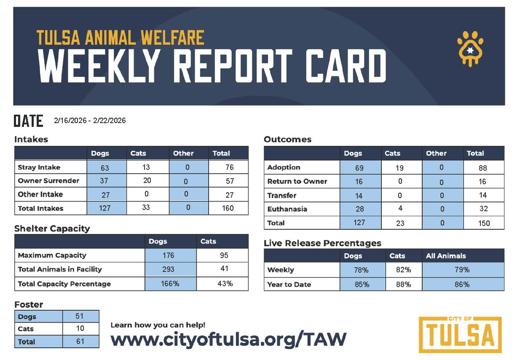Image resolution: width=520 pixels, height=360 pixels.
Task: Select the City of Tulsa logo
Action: pyautogui.click(x=460, y=334)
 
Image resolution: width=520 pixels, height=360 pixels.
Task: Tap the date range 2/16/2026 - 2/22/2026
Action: pyautogui.click(x=90, y=121)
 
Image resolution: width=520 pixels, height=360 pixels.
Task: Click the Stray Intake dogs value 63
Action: pyautogui.click(x=105, y=168)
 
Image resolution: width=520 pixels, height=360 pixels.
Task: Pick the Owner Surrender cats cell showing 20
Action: pyautogui.click(x=146, y=181)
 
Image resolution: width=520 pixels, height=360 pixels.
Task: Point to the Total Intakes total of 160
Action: pyautogui.click(x=228, y=208)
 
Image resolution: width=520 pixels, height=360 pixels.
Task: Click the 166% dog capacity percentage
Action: pyautogui.click(x=170, y=284)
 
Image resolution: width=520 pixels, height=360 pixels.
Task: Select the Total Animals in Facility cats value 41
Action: pyautogui.click(x=224, y=269)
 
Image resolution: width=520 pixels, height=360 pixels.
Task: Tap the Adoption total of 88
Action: pyautogui.click(x=483, y=168)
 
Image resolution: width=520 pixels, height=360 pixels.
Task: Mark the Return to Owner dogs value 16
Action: pyautogui.click(x=359, y=181)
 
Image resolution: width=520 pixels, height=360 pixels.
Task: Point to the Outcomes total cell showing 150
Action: pyautogui.click(x=484, y=223)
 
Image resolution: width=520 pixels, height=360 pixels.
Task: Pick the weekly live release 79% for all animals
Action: pyautogui.click(x=462, y=270)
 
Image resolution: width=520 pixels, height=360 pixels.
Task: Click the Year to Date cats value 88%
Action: pyautogui.click(x=403, y=285)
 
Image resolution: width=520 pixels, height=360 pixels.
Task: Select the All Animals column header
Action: pyautogui.click(x=446, y=256)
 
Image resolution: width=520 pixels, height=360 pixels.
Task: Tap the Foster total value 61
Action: pyautogui.click(x=80, y=341)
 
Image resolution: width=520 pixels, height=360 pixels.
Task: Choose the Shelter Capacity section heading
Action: pyautogui.click(x=52, y=228)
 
